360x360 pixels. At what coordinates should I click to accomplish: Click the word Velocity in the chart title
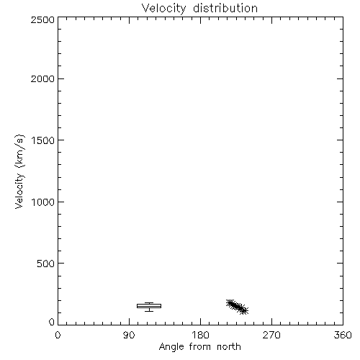coord(163,9)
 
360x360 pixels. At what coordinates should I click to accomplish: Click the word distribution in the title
coord(225,8)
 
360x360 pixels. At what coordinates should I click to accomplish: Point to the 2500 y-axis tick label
coord(42,19)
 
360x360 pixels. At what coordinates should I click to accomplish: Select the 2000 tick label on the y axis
coord(42,78)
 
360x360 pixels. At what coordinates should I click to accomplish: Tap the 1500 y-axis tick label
coord(43,140)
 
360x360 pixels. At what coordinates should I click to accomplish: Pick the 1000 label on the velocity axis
coord(43,202)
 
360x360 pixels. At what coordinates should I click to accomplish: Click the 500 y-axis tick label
coord(46,264)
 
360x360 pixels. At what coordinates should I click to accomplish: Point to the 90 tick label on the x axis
coord(129,335)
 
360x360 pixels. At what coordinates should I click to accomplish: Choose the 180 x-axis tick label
coord(200,335)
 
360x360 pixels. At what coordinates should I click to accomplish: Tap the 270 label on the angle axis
coord(271,335)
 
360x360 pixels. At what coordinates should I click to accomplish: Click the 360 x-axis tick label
coord(343,335)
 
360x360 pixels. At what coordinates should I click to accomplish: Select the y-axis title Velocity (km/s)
coord(19,171)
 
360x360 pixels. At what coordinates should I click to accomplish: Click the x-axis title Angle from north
coord(200,347)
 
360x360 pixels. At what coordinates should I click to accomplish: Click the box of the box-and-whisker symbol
coord(149,306)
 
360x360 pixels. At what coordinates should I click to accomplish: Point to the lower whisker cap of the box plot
coord(149,311)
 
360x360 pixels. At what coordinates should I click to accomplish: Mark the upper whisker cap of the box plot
coord(149,303)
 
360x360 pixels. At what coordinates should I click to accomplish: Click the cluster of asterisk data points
coord(237,307)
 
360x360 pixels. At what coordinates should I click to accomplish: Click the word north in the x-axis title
coord(229,346)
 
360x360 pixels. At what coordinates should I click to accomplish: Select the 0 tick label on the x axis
coord(58,335)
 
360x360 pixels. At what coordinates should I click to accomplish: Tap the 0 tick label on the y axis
coord(52,322)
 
